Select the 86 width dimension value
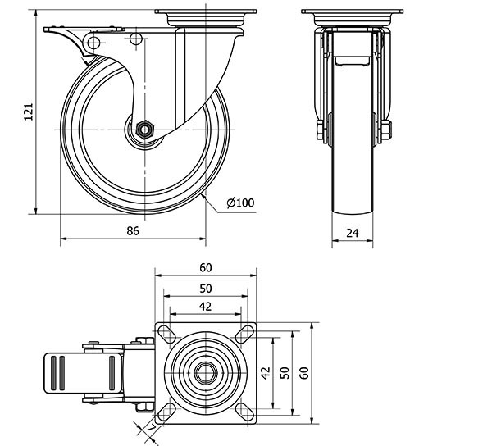(x=133, y=231)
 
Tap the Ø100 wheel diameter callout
(x=239, y=203)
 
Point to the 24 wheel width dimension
(x=353, y=233)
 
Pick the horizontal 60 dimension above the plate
(x=205, y=267)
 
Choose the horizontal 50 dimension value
(x=205, y=288)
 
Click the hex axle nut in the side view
(x=144, y=130)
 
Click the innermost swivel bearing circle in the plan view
(x=204, y=372)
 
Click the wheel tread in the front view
(x=353, y=189)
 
